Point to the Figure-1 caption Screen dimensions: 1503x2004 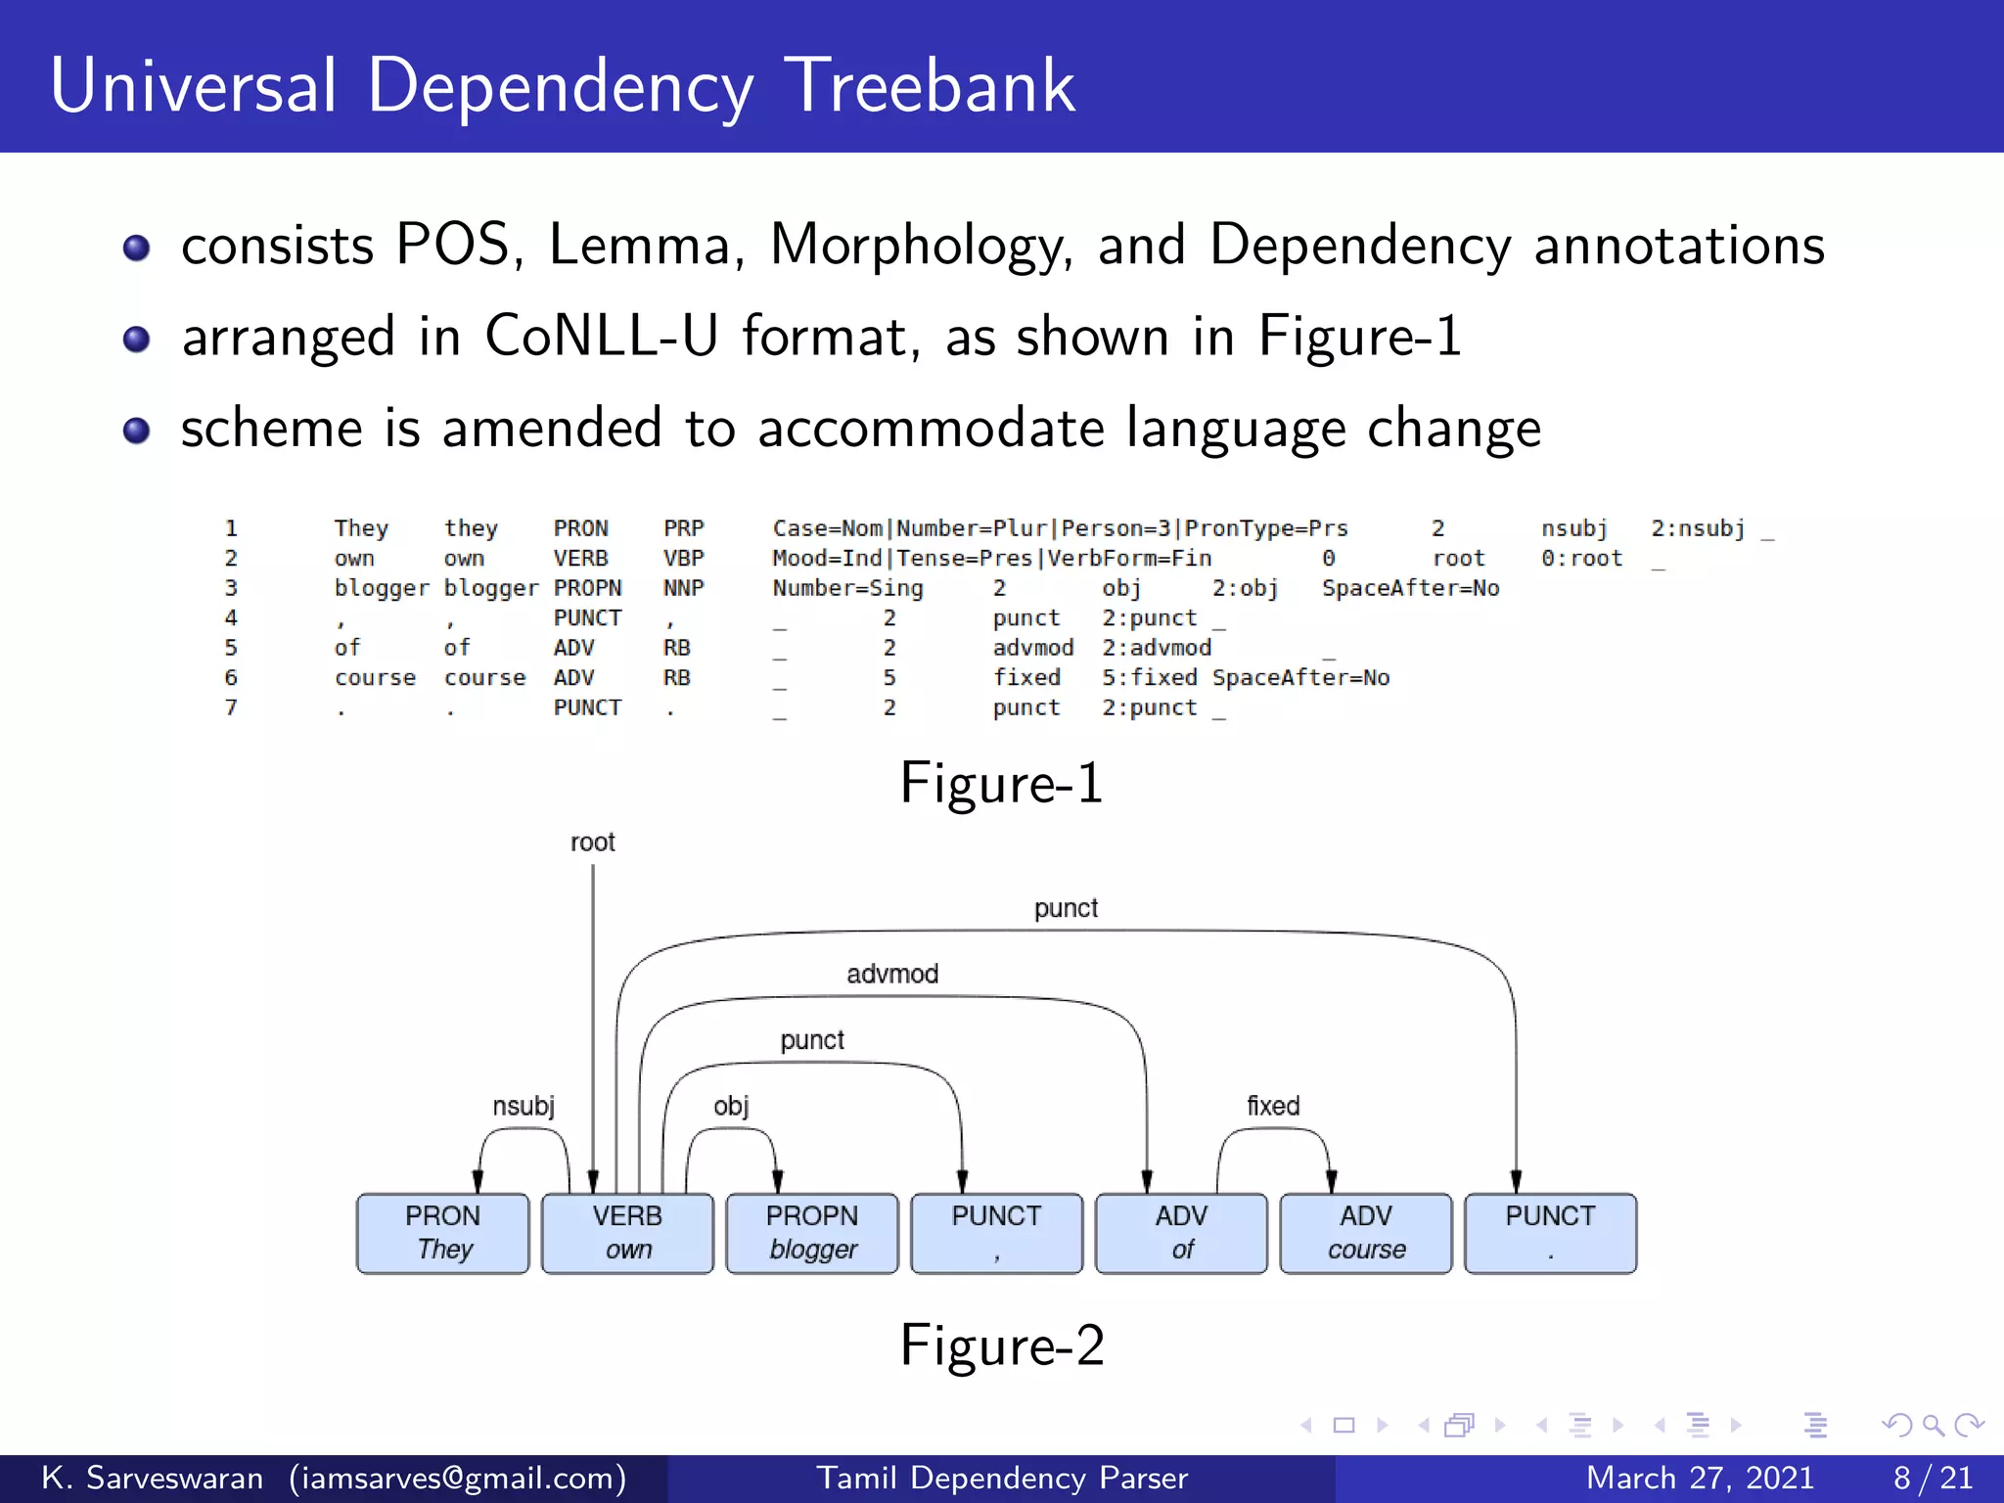[x=1001, y=783]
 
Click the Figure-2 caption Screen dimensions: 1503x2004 [x=1001, y=1344]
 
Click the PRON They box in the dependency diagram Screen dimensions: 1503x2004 [x=442, y=1233]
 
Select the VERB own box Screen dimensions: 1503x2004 [x=627, y=1233]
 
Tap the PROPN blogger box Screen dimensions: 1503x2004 [x=812, y=1233]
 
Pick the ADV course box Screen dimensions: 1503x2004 [x=1366, y=1233]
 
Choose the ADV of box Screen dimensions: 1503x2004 [x=1181, y=1233]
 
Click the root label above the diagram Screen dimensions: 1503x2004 [x=593, y=843]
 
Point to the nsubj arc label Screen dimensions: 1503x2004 [x=524, y=1106]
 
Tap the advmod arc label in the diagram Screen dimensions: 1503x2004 [x=892, y=974]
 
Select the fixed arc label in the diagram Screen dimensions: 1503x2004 [x=1273, y=1106]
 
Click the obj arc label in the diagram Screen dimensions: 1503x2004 [x=731, y=1106]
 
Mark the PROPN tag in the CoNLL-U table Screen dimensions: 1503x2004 [x=587, y=588]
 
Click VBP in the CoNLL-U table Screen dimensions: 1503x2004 [x=683, y=559]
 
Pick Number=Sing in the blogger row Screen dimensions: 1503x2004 [x=847, y=588]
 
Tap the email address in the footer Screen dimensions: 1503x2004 [x=458, y=1478]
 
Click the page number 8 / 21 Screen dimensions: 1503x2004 [x=1933, y=1478]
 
